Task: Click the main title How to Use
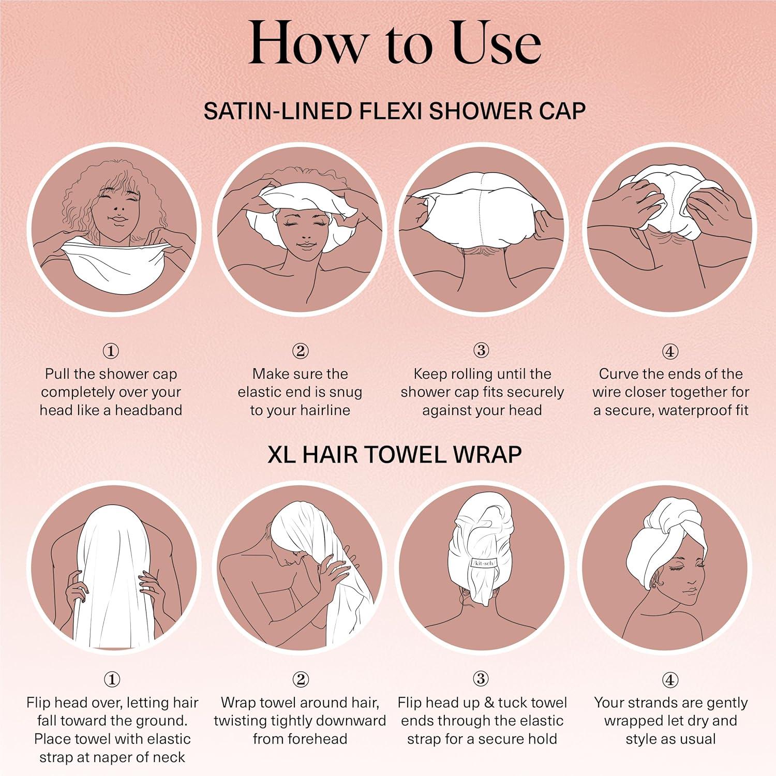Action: (x=394, y=43)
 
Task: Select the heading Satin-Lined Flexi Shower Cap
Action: (x=394, y=111)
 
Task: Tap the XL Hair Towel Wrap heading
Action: (x=394, y=455)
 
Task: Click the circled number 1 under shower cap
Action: (x=111, y=351)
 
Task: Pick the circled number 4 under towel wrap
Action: (x=670, y=680)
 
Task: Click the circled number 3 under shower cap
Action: (x=481, y=350)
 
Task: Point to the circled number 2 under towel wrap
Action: (x=301, y=679)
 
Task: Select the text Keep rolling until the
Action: (x=482, y=374)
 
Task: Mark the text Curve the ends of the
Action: (x=670, y=374)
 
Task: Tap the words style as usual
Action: (x=670, y=739)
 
